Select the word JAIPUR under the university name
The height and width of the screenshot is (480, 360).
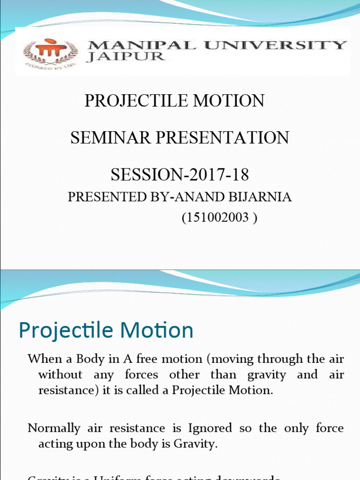(x=126, y=57)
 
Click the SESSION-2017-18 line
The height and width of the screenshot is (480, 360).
(x=180, y=175)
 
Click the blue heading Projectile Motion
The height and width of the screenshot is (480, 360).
(x=106, y=330)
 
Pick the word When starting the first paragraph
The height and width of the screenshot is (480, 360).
(x=43, y=359)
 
